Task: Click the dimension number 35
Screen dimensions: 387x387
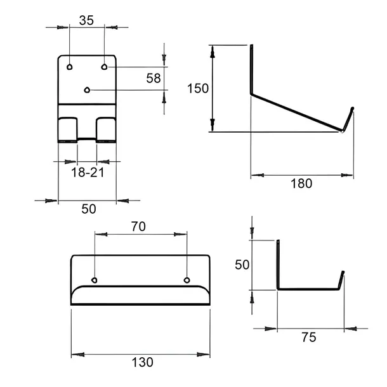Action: pyautogui.click(x=86, y=20)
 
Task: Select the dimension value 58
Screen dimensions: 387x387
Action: pyautogui.click(x=154, y=78)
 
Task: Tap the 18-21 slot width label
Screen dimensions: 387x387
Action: pyautogui.click(x=88, y=173)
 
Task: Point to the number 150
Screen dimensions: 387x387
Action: pyautogui.click(x=198, y=88)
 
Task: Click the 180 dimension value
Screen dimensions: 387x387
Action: pyautogui.click(x=301, y=183)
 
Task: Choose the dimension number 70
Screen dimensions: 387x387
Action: pyautogui.click(x=138, y=226)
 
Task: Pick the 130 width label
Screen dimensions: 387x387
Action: pyautogui.click(x=142, y=362)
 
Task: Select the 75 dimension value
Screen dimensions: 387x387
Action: pyautogui.click(x=308, y=337)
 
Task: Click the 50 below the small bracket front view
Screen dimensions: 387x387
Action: pyautogui.click(x=89, y=209)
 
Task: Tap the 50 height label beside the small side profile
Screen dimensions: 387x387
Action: pyautogui.click(x=242, y=265)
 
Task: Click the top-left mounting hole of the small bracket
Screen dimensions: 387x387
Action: pyautogui.click(x=70, y=67)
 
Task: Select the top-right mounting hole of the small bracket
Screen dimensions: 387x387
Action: pyautogui.click(x=104, y=67)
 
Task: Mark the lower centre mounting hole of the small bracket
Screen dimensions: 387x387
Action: pyautogui.click(x=87, y=90)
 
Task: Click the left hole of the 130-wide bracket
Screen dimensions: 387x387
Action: pyautogui.click(x=95, y=280)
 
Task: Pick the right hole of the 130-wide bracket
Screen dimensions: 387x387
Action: pyautogui.click(x=187, y=280)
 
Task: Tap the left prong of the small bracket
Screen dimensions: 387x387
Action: pyautogui.click(x=68, y=130)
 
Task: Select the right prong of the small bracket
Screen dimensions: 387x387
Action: pyautogui.click(x=106, y=130)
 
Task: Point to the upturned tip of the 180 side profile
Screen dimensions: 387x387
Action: pyautogui.click(x=348, y=119)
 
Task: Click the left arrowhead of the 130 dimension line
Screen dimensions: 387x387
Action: pyautogui.click(x=78, y=355)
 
